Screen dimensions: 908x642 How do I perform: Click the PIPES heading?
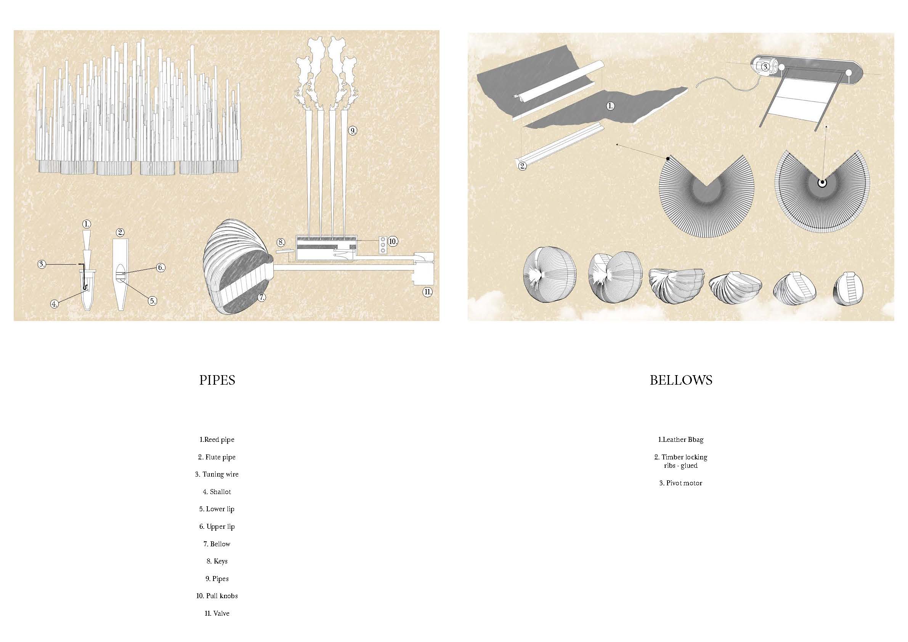click(x=217, y=380)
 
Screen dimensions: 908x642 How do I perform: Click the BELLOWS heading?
click(x=681, y=380)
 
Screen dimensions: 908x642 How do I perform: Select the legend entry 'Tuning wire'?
click(x=217, y=474)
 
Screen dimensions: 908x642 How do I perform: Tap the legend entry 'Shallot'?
click(x=217, y=492)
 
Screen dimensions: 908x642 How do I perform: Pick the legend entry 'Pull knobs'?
click(x=217, y=596)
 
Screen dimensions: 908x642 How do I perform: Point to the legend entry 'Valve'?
click(x=217, y=613)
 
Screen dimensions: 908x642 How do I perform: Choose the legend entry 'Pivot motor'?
click(x=680, y=483)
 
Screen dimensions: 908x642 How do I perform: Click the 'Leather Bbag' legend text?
click(x=680, y=440)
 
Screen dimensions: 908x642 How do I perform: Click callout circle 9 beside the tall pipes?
click(x=353, y=130)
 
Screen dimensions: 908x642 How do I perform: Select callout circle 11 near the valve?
click(x=427, y=292)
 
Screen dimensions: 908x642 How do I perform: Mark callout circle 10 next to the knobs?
click(x=392, y=241)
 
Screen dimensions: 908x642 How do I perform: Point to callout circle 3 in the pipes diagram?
click(x=42, y=264)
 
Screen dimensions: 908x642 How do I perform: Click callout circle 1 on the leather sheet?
click(x=611, y=106)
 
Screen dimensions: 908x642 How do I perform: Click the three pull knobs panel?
click(x=382, y=245)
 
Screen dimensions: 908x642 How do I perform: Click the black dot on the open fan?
click(x=668, y=159)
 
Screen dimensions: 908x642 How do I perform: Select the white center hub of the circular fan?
click(x=821, y=183)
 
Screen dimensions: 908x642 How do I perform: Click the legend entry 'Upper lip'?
click(x=217, y=526)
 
